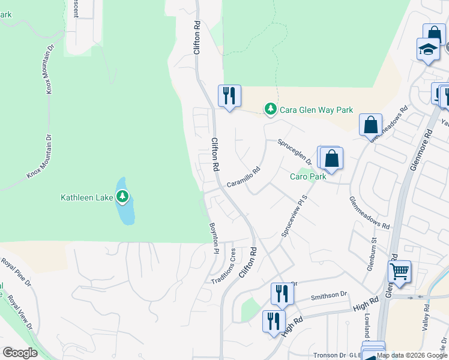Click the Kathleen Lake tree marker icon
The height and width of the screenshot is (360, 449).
click(122, 196)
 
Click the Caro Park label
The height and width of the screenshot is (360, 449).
click(308, 177)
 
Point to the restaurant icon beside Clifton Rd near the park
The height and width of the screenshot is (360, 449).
click(229, 96)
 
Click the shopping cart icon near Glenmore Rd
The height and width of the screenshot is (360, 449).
click(399, 272)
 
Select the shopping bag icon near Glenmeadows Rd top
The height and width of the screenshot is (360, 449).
click(371, 125)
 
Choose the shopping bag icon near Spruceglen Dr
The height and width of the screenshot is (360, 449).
click(331, 159)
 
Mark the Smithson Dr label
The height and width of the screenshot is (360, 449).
click(329, 295)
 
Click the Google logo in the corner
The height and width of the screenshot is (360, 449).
click(20, 353)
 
